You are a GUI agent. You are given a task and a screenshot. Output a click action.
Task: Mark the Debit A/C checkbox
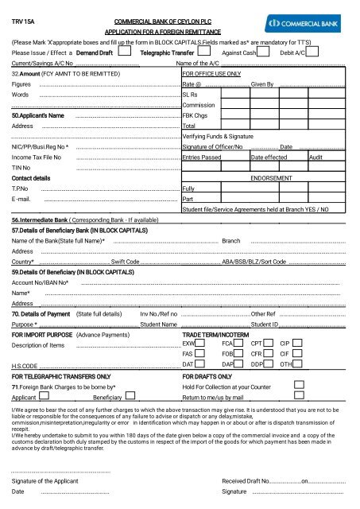[x=313, y=52]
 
